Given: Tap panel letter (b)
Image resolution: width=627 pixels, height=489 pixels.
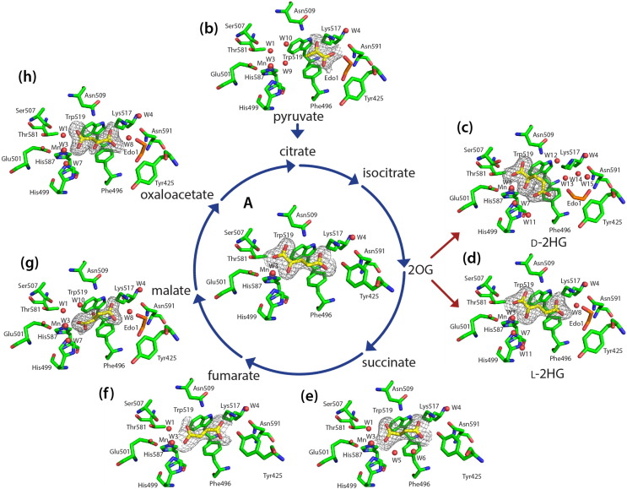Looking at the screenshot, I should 208,29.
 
